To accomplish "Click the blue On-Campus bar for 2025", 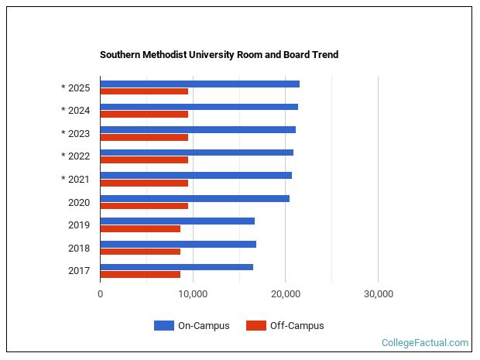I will [x=200, y=84].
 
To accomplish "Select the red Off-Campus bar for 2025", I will [x=144, y=91].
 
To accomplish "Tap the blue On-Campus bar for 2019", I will [x=177, y=221].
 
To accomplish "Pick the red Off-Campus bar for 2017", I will [x=140, y=275].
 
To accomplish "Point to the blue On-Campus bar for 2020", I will [x=194, y=198].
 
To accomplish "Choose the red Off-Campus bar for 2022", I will [x=144, y=160].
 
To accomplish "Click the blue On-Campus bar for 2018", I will [x=178, y=244].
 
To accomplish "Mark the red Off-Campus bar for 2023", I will [x=144, y=137].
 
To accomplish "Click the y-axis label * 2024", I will [x=76, y=111].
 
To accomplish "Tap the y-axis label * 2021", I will [x=76, y=180].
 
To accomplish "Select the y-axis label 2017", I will [x=80, y=271].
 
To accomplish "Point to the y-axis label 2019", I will [x=80, y=225].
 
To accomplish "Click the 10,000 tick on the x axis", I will [x=193, y=294].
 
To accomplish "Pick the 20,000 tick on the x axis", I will [x=286, y=294].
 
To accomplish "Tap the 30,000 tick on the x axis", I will [x=378, y=294].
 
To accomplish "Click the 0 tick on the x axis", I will [x=101, y=294].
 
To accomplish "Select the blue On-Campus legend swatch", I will [x=163, y=326].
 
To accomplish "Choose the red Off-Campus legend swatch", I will [x=255, y=326].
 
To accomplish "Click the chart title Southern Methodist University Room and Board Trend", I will [x=219, y=55].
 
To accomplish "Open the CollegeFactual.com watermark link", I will [x=425, y=342].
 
